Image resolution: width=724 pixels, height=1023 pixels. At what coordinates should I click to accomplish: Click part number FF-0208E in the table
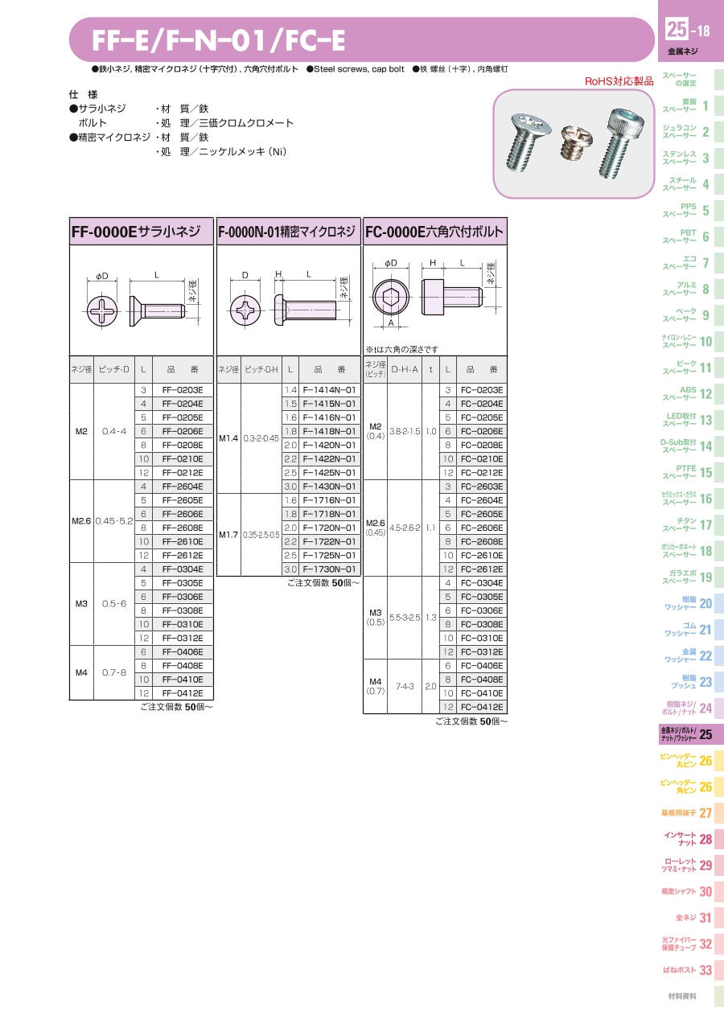click(183, 445)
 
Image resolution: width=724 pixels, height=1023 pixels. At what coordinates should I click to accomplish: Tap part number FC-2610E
click(481, 556)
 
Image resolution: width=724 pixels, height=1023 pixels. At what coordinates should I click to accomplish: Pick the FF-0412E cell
click(183, 692)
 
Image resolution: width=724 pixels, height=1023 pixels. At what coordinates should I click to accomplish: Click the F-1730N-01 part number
click(329, 569)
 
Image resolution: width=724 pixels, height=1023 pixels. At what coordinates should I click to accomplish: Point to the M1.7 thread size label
click(228, 534)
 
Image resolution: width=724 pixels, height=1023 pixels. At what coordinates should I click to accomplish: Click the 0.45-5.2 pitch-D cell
click(114, 520)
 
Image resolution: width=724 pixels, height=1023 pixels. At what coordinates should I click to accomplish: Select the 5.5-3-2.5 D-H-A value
click(405, 618)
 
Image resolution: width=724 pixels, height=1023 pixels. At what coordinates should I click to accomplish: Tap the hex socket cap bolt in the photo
click(621, 142)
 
